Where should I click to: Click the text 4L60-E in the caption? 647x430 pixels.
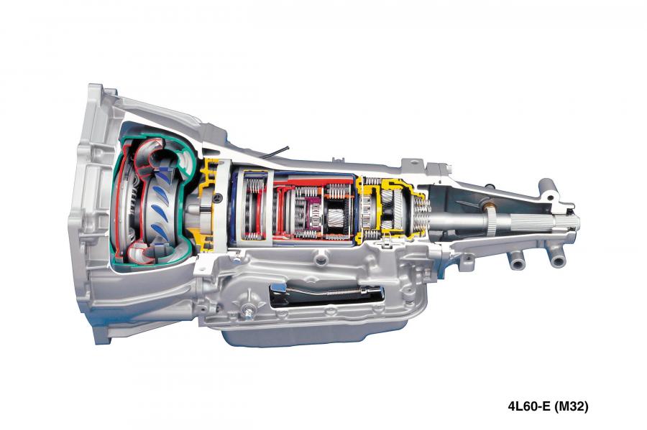529,406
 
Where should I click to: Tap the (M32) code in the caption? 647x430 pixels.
571,406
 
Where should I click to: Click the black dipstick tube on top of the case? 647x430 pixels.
277,151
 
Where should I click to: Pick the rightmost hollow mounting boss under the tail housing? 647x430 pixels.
557,260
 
